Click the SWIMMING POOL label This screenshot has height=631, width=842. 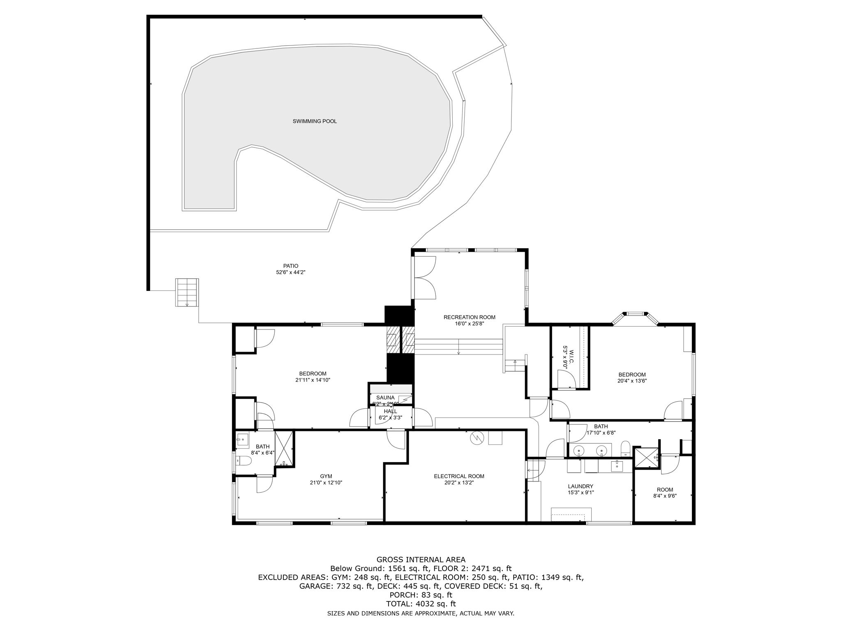coord(315,121)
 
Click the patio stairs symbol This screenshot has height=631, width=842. coord(187,292)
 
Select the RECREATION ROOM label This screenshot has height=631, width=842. coord(469,317)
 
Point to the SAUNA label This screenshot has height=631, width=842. coord(385,398)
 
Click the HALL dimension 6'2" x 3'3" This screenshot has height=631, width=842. coord(390,418)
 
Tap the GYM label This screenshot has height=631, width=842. coord(326,476)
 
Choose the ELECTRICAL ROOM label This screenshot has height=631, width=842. coord(459,476)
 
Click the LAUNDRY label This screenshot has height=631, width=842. coord(581,486)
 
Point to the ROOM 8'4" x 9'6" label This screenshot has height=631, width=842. coord(664,489)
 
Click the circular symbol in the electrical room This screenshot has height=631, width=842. coord(477,438)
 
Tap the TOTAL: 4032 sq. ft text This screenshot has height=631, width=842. coord(421,604)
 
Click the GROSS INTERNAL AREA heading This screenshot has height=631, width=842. coord(421,560)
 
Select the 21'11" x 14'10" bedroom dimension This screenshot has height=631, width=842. coord(312,380)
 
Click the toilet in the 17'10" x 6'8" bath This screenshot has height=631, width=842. coord(625,449)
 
